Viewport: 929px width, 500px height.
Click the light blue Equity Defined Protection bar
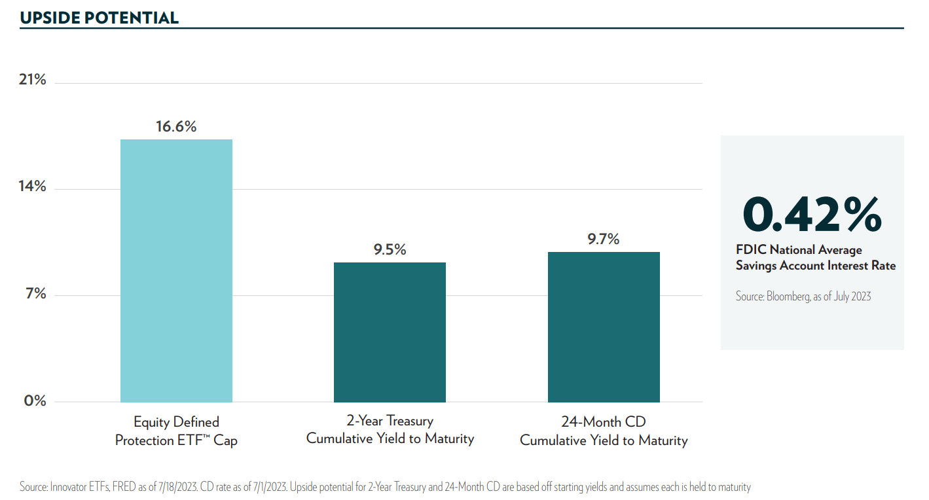176,270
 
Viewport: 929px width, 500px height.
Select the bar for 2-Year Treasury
390,332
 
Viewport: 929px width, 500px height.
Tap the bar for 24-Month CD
604,327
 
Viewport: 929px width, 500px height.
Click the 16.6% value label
176,127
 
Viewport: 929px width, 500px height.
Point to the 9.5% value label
390,249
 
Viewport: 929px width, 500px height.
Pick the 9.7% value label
604,239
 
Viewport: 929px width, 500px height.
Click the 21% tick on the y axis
32,80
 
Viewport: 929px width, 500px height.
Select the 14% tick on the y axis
32,187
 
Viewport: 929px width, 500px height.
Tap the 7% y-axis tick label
35,293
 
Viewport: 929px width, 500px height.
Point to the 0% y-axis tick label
35,401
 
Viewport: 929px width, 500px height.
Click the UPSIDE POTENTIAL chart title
100,18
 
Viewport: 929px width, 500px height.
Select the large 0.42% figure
812,215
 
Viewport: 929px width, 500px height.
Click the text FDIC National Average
799,250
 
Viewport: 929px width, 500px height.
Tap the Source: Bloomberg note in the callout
803,296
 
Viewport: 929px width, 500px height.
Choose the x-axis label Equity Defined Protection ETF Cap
176,431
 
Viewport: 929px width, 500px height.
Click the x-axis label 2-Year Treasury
390,421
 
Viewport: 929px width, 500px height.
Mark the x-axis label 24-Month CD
604,421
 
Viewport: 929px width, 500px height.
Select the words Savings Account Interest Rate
815,266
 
